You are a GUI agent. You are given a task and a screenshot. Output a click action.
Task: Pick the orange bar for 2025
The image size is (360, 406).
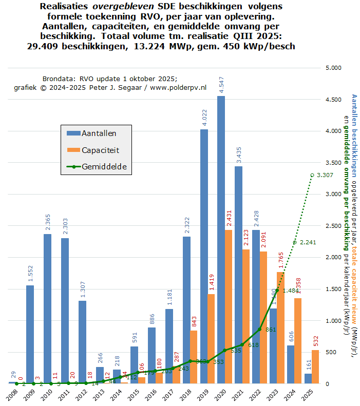point(315,366)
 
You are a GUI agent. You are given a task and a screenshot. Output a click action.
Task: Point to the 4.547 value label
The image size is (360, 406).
point(221,84)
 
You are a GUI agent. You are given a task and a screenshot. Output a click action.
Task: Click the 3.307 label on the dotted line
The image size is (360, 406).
point(325,176)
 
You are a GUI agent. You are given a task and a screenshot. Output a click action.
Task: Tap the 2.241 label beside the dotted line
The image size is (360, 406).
point(308,243)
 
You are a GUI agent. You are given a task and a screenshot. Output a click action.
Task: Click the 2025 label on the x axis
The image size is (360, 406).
point(308,396)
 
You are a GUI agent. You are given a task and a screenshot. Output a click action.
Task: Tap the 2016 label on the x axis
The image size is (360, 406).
point(151,396)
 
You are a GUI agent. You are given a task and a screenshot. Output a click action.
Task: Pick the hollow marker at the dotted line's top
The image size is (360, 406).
point(312,175)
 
